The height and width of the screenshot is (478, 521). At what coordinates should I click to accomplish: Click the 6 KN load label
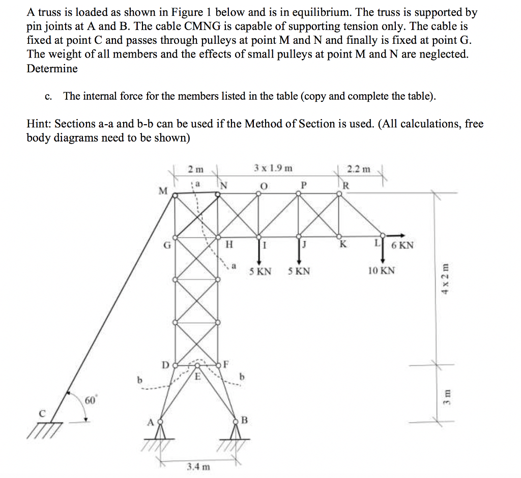click(x=403, y=245)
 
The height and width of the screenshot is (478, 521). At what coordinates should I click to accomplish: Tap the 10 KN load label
click(x=381, y=270)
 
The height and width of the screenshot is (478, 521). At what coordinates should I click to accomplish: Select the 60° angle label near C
click(x=90, y=401)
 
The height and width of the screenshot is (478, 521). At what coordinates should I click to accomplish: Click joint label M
click(x=162, y=191)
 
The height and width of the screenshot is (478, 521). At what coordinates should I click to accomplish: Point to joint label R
click(x=346, y=185)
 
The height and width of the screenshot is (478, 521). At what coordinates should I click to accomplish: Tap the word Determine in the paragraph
click(x=52, y=69)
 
